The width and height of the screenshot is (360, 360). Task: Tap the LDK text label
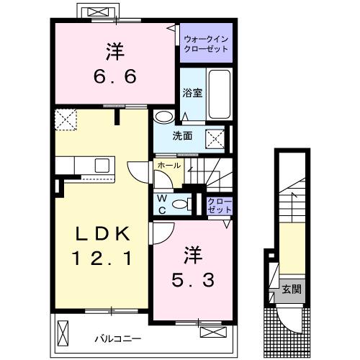point(104,234)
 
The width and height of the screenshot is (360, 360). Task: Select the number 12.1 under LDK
point(104,258)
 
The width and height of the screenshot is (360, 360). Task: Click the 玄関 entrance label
point(291,289)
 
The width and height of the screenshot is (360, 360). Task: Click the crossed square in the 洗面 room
point(215,138)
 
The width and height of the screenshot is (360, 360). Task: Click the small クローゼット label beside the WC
point(219,204)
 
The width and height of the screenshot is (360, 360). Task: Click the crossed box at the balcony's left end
point(63,333)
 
